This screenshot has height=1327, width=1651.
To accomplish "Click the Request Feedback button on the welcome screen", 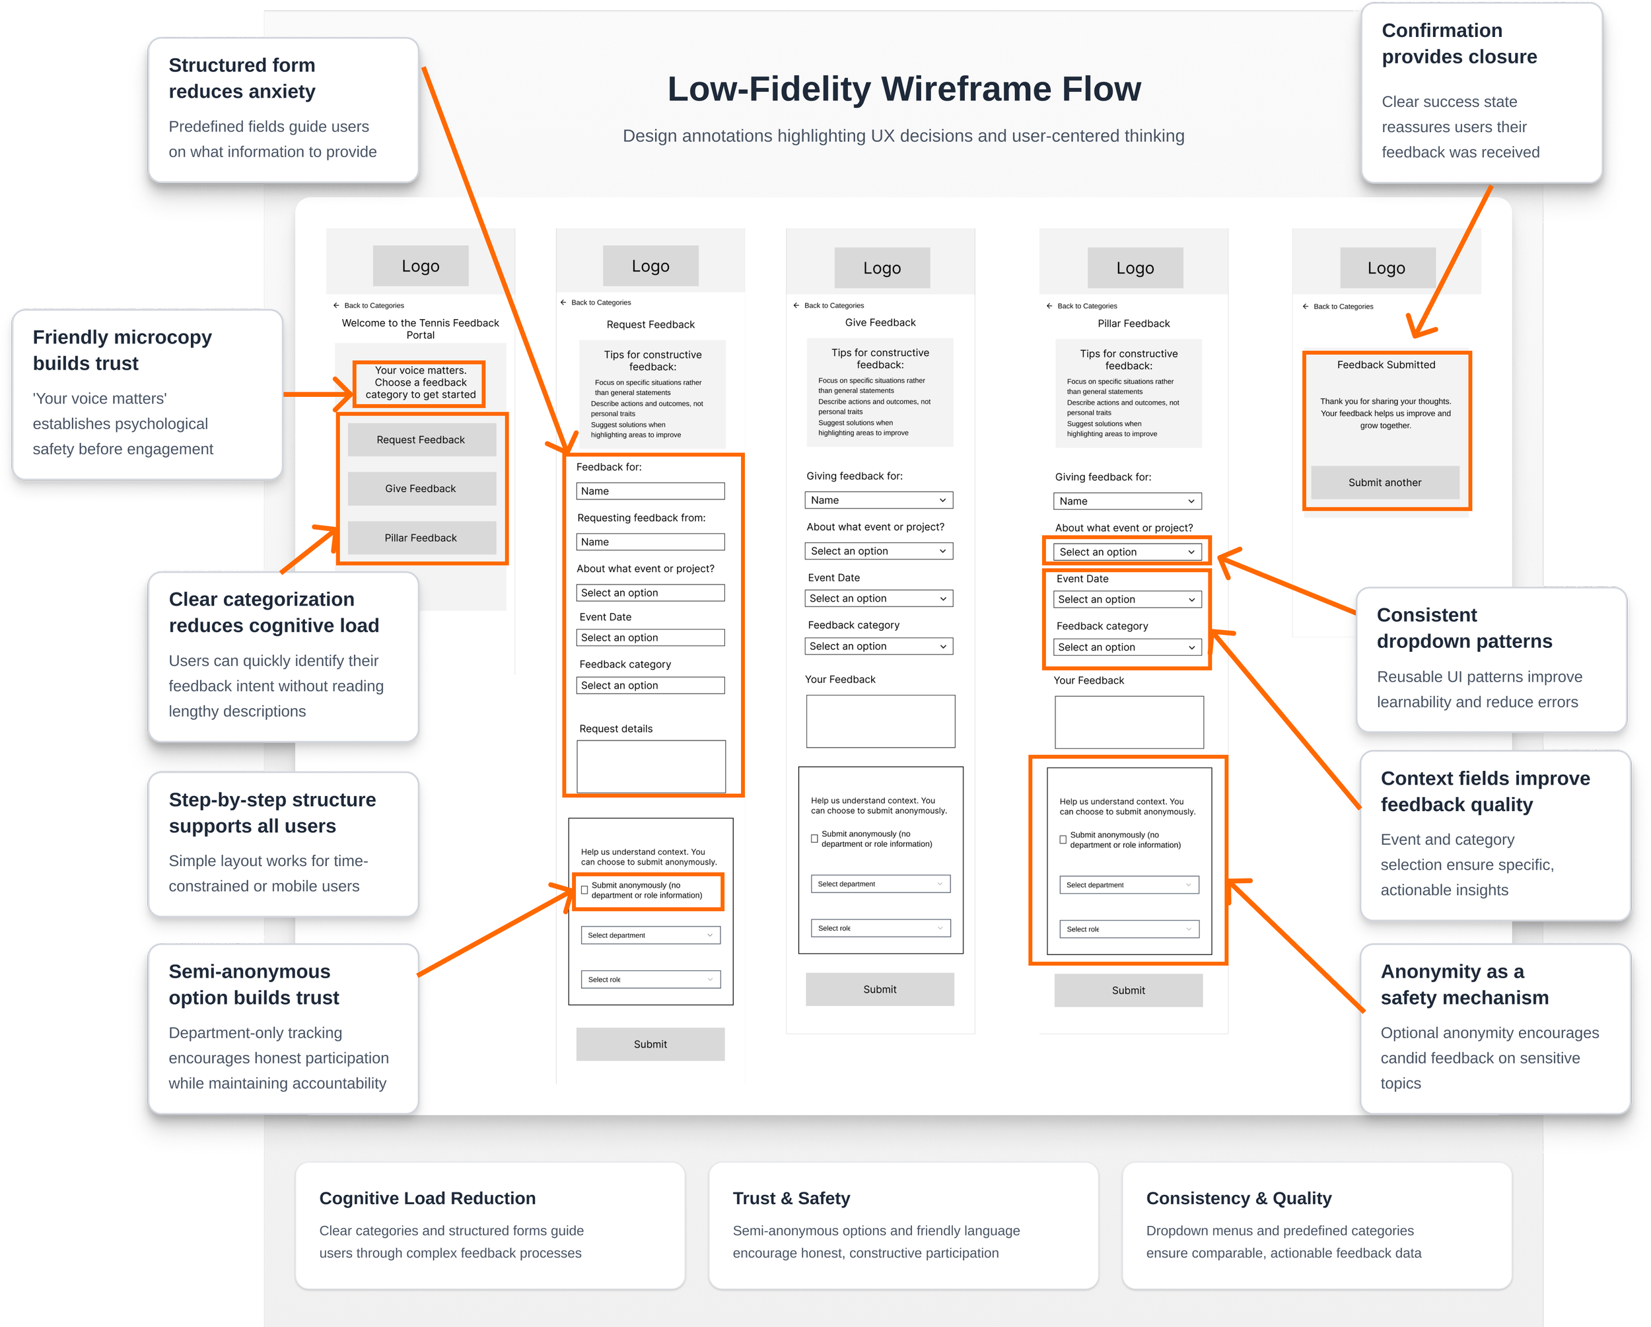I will [421, 439].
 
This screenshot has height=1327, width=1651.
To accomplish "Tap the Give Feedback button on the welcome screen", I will [421, 489].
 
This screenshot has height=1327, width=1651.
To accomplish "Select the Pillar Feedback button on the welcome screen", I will [421, 538].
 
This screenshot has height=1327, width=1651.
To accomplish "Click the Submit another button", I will [1384, 482].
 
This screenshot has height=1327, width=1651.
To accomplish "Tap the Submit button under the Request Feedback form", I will [650, 1044].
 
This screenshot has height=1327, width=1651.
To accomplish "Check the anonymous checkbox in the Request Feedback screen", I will [585, 890].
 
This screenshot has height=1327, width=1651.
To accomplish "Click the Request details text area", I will [650, 766].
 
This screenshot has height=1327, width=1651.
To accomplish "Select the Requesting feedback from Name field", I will [650, 542].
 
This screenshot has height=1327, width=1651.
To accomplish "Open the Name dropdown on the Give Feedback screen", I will [878, 500].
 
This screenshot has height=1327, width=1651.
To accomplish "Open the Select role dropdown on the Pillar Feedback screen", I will [1128, 929].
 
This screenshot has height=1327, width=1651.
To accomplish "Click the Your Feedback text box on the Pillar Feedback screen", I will [1128, 722].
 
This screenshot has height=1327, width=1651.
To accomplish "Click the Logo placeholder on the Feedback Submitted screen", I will [1386, 268].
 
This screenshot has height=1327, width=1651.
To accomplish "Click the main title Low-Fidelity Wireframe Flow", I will [903, 89].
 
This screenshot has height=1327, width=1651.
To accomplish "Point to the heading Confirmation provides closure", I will [1459, 44].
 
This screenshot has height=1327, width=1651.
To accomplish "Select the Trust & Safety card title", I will [791, 1198].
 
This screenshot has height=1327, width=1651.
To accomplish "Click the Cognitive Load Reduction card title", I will [427, 1198].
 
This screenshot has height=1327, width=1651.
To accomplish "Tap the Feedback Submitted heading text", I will [1386, 365].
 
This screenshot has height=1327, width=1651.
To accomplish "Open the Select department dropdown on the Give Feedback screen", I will [879, 884].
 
